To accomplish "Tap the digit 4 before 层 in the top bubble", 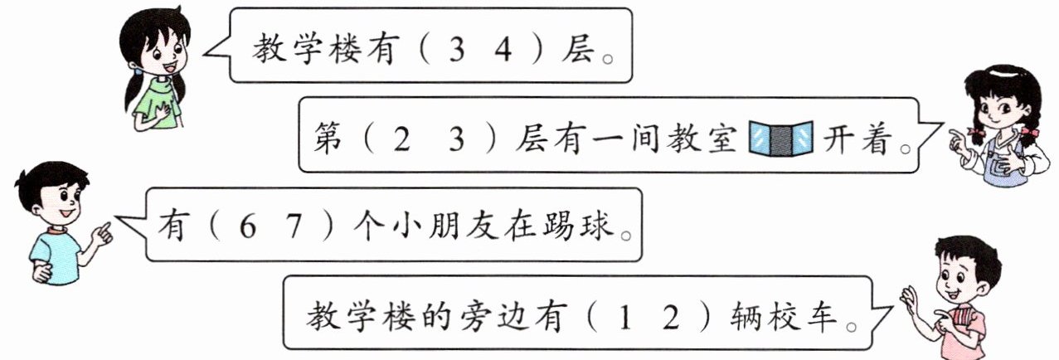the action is (x=501, y=47).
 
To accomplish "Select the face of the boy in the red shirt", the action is (x=960, y=277).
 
